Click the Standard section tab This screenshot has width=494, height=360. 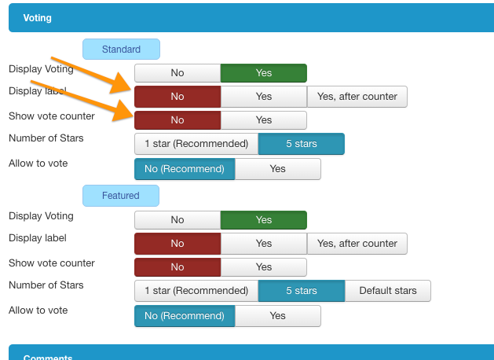click(x=121, y=50)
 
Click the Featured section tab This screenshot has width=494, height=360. click(x=121, y=196)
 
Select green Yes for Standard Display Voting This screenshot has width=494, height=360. click(x=264, y=73)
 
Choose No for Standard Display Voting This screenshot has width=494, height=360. click(x=177, y=73)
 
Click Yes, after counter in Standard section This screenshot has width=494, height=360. click(x=357, y=97)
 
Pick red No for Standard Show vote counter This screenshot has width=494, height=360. click(x=177, y=120)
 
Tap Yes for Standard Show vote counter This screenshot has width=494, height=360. click(x=264, y=120)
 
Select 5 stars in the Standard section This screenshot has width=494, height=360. click(x=302, y=144)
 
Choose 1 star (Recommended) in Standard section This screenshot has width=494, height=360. click(x=196, y=144)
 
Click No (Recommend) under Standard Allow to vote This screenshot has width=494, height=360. click(x=185, y=169)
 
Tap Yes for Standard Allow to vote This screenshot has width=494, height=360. click(x=278, y=169)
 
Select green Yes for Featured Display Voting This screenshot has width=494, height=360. click(x=264, y=220)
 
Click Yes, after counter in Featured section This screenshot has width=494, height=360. click(x=357, y=244)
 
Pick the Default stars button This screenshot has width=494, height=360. click(x=388, y=291)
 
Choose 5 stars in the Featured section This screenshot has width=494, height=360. click(x=302, y=291)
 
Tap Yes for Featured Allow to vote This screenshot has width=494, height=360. click(x=278, y=316)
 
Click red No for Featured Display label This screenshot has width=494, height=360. click(x=177, y=244)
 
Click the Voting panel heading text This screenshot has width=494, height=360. click(x=38, y=18)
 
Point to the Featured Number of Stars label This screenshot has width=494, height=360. click(x=46, y=285)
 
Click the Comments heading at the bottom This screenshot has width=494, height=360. click(x=48, y=357)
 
